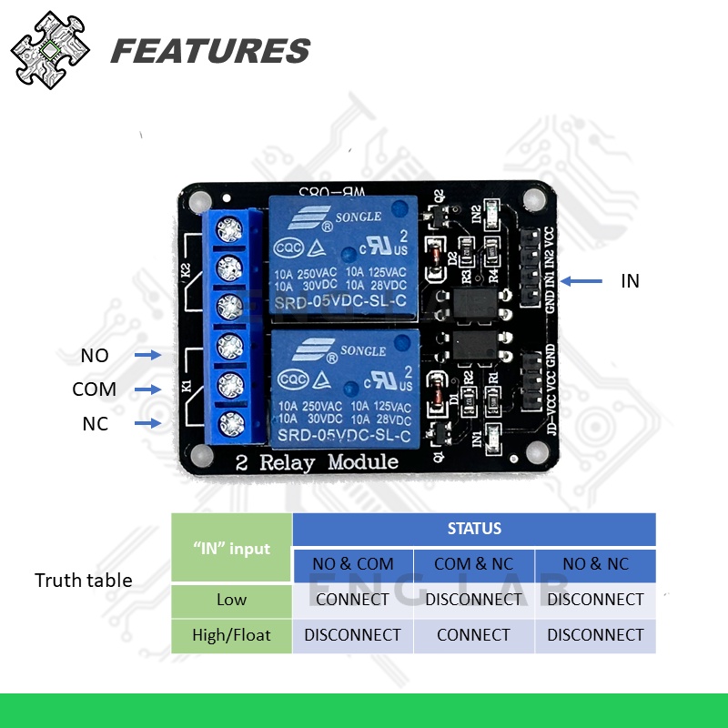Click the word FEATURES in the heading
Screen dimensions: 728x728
click(210, 51)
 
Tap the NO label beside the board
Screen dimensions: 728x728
click(95, 356)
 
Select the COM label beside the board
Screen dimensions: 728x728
click(95, 389)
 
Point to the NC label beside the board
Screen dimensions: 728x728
click(95, 423)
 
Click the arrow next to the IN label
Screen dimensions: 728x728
click(582, 281)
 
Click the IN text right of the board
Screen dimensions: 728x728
click(630, 281)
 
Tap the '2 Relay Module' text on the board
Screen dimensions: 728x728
click(317, 461)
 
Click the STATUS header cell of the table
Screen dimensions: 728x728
click(474, 529)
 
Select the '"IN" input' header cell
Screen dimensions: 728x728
click(231, 548)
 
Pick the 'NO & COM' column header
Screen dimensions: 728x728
click(353, 564)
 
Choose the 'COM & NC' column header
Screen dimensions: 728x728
click(474, 564)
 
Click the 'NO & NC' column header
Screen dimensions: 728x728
click(595, 564)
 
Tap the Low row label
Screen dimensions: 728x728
click(231, 600)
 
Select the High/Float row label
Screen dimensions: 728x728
click(231, 635)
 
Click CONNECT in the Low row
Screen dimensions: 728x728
click(353, 600)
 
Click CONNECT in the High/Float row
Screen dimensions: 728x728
click(474, 635)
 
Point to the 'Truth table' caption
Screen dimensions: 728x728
click(84, 581)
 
